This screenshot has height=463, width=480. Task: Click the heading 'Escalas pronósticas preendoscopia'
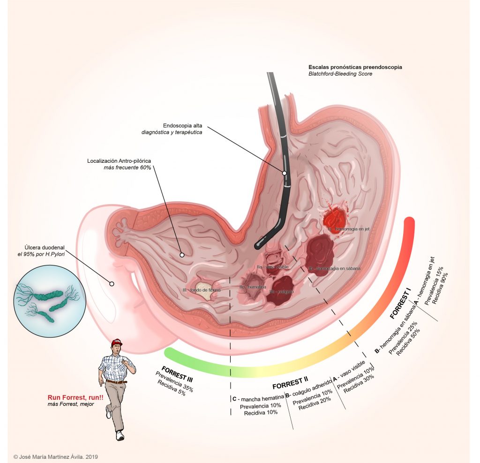tap(355, 67)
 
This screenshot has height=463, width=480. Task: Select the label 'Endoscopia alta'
tap(183, 126)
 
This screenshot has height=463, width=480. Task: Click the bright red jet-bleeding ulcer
tap(336, 218)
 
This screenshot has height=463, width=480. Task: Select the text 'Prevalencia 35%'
tap(174, 382)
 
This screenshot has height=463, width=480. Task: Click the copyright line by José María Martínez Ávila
tap(56, 456)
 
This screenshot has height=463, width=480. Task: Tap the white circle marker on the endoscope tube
tap(284, 173)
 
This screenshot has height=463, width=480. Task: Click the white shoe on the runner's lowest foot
tap(120, 436)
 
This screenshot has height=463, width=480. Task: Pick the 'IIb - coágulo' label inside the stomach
tap(281, 292)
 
